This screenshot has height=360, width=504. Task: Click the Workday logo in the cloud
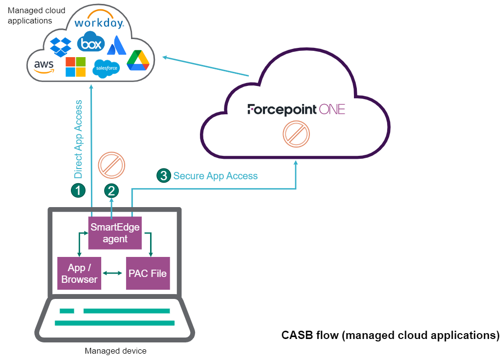tap(99, 23)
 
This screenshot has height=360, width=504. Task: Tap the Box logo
tap(92, 42)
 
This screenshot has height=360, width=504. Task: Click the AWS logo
tap(44, 66)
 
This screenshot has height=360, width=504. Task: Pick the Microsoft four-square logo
tap(75, 67)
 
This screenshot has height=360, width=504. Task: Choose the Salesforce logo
tap(106, 68)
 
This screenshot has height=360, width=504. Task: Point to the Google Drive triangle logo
tap(138, 61)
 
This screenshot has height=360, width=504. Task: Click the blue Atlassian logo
tap(117, 45)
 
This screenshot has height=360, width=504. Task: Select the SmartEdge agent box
tap(115, 233)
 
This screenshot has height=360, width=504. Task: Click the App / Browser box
tap(79, 274)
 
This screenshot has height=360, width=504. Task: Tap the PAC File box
tap(148, 274)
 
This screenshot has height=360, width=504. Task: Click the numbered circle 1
tap(78, 190)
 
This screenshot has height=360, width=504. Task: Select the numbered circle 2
tap(112, 190)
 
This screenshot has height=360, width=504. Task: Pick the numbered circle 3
tap(163, 176)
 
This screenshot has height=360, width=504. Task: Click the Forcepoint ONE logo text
tap(296, 109)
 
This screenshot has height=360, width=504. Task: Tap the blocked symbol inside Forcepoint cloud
tap(296, 134)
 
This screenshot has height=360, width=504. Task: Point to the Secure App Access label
tap(215, 176)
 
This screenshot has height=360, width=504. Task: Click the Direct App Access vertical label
tap(78, 139)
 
